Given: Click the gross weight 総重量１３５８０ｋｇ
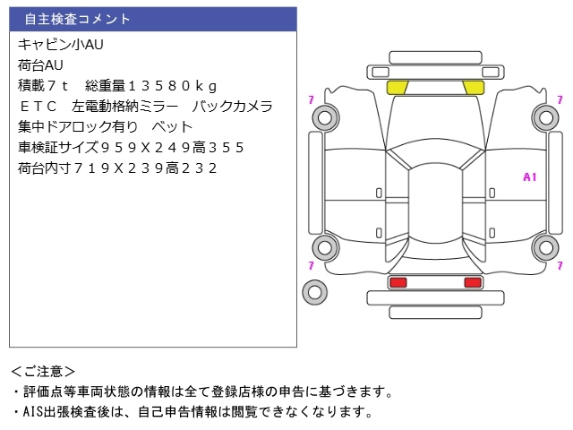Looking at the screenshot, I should (151, 85).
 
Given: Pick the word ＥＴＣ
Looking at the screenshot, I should (38, 106).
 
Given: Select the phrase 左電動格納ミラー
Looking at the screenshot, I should (126, 106).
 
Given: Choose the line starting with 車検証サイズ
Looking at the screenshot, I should (131, 147).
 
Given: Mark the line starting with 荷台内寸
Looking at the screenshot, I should (117, 168).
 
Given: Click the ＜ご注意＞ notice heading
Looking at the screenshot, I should (43, 371).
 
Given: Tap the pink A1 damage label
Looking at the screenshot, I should (529, 177).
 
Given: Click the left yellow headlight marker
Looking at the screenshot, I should (397, 87).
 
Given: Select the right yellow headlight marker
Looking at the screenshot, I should (472, 87).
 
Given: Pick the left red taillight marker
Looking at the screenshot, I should (397, 283).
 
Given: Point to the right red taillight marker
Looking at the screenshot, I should (472, 283).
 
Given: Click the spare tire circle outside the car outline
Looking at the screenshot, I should (314, 290).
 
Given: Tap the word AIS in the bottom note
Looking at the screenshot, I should (32, 412).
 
